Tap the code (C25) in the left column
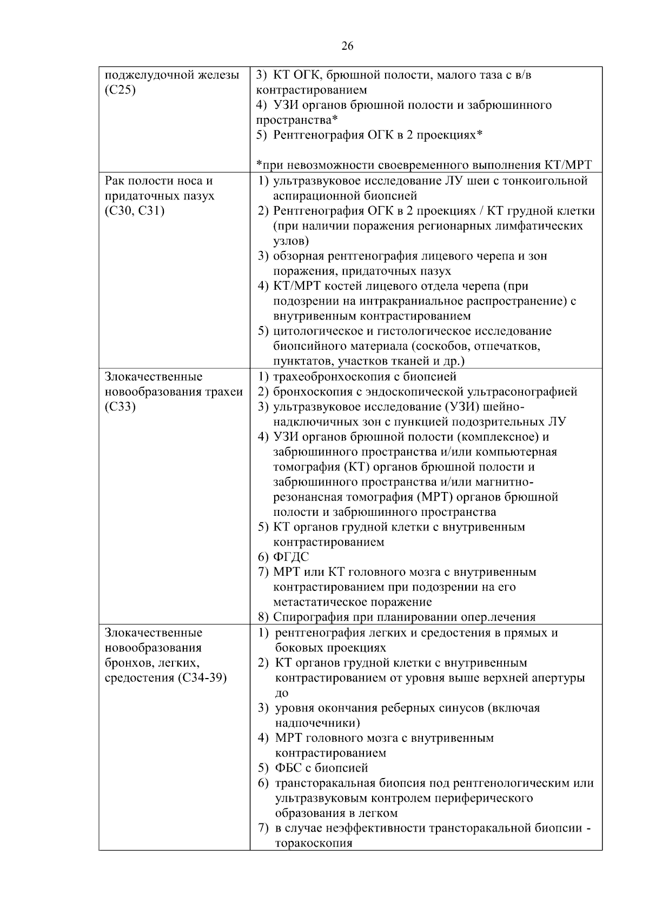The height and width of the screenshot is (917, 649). (x=120, y=90)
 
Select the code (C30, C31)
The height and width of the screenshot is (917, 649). (x=135, y=211)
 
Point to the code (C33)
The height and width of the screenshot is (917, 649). (x=121, y=407)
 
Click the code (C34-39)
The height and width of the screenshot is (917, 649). (x=202, y=678)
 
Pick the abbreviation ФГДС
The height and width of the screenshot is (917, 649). (x=292, y=557)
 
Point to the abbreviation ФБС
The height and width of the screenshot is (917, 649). (x=288, y=768)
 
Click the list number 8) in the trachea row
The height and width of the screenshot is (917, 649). (x=263, y=617)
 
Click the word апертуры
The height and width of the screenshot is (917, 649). (x=559, y=678)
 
